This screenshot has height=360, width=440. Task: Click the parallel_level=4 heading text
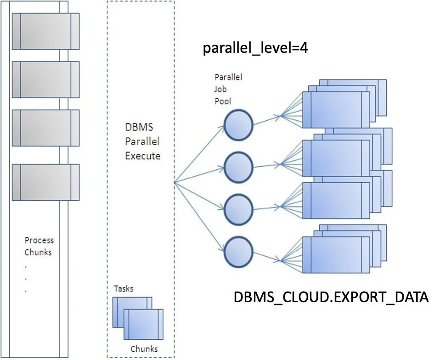pos(255,48)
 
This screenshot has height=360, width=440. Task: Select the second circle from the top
pos(238,167)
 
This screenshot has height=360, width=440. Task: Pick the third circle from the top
pos(238,209)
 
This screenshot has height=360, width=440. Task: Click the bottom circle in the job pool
pos(238,251)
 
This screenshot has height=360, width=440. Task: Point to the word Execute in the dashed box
pos(143,156)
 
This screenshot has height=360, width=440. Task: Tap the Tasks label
pos(124,289)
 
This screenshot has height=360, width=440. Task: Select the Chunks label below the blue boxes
pos(144,349)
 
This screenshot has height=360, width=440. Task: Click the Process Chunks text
pos(39,246)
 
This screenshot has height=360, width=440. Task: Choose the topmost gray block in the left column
pos(45,31)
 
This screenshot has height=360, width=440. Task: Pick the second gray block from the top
pos(45,79)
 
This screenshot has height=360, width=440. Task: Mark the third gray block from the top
pos(45,128)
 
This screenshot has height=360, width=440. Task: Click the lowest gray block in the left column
pos(45,182)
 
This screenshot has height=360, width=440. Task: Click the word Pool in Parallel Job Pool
pos(222,101)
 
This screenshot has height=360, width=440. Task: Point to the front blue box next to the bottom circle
pos(336,254)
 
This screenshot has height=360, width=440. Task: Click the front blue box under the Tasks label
pos(143,324)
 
